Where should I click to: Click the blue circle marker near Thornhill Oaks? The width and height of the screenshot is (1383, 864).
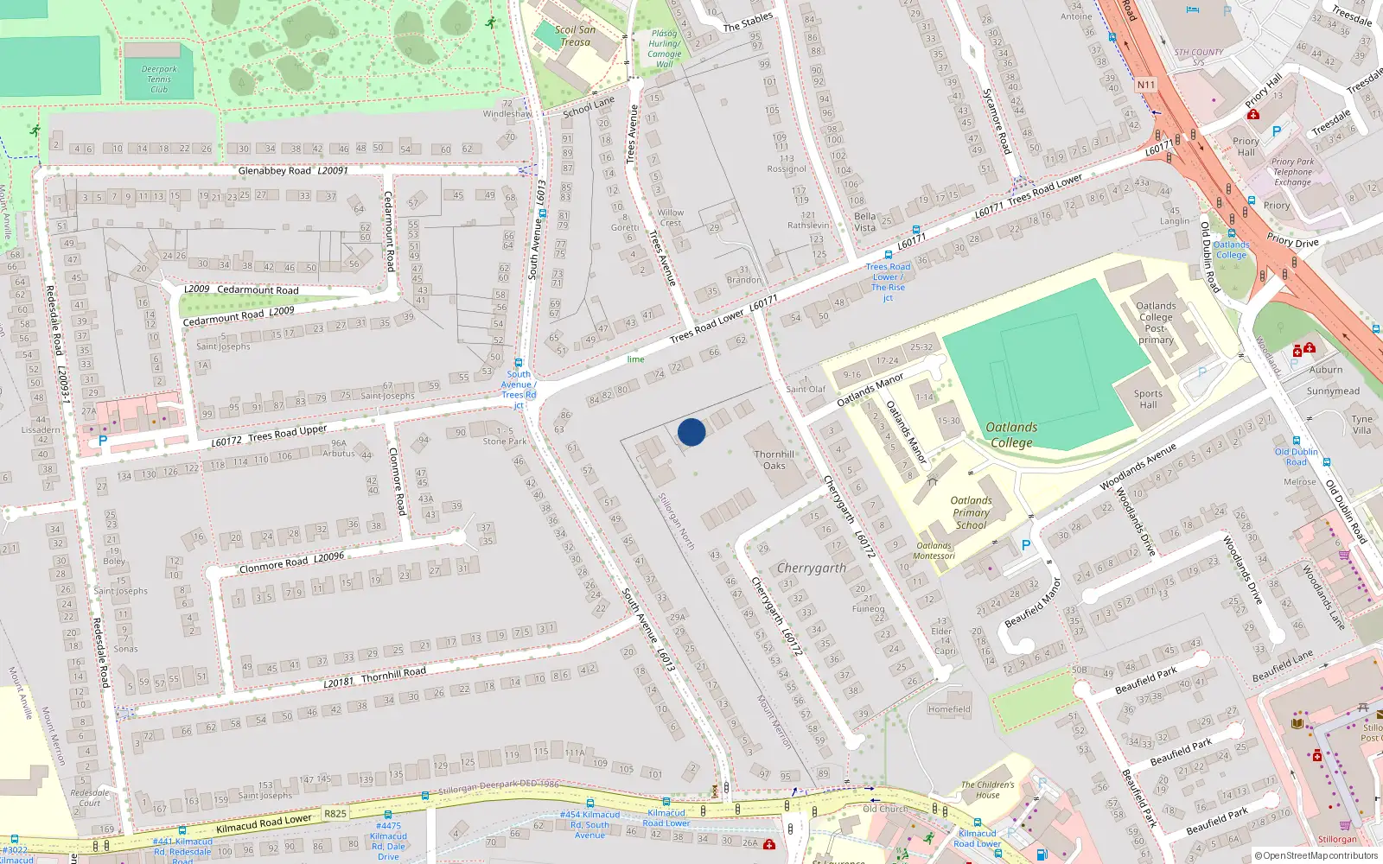point(691,432)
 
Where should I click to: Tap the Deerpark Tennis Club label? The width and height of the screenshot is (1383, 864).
point(159,79)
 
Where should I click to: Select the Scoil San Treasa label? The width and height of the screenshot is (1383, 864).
point(576,35)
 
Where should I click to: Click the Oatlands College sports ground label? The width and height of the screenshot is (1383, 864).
point(1011,435)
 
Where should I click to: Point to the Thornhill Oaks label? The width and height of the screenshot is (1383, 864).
point(774,460)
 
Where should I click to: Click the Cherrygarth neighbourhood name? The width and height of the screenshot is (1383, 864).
point(811,568)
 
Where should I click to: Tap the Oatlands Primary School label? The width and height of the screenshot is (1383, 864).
point(971,512)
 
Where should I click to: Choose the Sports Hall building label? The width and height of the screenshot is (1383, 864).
point(1148,399)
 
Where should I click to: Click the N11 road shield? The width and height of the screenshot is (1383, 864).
point(1146,85)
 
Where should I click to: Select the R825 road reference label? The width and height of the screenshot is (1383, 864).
point(335,814)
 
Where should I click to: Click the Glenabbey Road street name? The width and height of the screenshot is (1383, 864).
point(275,171)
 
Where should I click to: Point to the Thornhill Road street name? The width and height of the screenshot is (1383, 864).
point(393,674)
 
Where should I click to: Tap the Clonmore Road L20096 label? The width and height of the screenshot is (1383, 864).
point(291,562)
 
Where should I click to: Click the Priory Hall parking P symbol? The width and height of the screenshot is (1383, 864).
point(1276,132)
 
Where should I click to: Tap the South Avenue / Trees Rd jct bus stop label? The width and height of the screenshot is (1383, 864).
point(519,389)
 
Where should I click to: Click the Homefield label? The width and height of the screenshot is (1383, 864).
point(949,709)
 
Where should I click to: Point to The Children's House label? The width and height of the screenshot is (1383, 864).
point(988,790)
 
